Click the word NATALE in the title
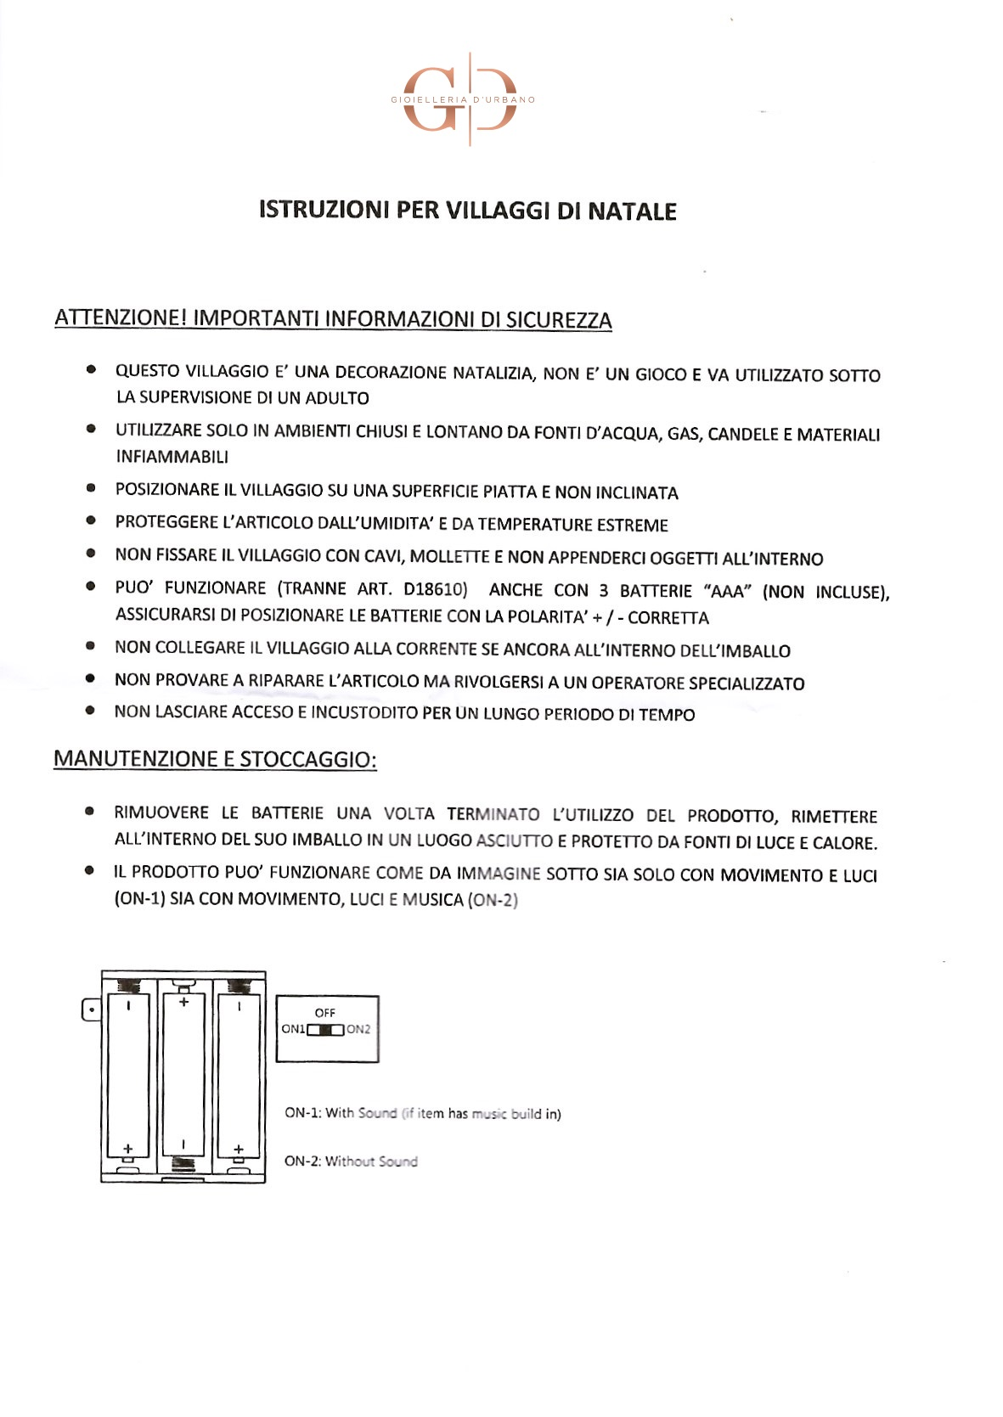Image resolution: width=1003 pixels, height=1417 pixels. click(x=632, y=211)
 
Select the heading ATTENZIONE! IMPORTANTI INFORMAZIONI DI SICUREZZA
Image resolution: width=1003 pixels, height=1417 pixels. click(x=333, y=319)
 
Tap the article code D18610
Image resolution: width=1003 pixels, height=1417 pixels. click(x=435, y=589)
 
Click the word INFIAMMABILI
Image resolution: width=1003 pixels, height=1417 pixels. click(x=172, y=457)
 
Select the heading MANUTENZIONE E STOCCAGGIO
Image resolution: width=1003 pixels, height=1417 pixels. click(x=215, y=759)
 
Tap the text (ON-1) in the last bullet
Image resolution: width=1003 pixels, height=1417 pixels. click(x=139, y=898)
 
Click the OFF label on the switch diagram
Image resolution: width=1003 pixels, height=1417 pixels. click(x=325, y=1013)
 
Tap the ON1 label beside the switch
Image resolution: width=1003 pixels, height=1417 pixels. click(x=293, y=1029)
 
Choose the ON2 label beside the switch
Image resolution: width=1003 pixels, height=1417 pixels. click(x=358, y=1029)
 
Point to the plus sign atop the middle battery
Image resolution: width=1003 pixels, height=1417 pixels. click(x=183, y=1002)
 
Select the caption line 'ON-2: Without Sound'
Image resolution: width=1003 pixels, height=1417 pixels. click(x=351, y=1161)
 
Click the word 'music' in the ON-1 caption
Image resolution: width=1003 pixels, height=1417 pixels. click(x=489, y=1113)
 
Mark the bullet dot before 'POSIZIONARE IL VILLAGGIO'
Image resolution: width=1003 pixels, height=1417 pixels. click(x=90, y=488)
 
